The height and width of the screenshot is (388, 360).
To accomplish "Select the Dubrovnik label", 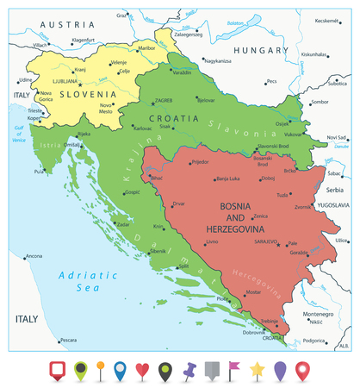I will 253,332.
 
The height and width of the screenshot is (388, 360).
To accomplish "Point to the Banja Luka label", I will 233,178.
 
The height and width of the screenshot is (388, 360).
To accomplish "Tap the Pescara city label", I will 68,340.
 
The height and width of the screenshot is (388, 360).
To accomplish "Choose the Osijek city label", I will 282,123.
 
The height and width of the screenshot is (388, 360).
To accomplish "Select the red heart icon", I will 143,371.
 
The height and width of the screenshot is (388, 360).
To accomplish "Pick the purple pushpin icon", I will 189,371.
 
